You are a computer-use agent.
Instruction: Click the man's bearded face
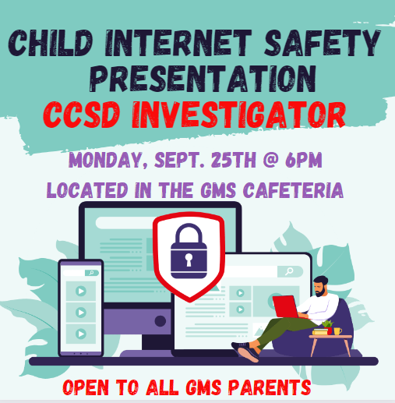pos(319,289)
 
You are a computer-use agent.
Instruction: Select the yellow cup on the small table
pos(338,330)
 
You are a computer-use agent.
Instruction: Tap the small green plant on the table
pos(328,324)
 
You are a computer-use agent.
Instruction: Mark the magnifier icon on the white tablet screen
pos(290,271)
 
